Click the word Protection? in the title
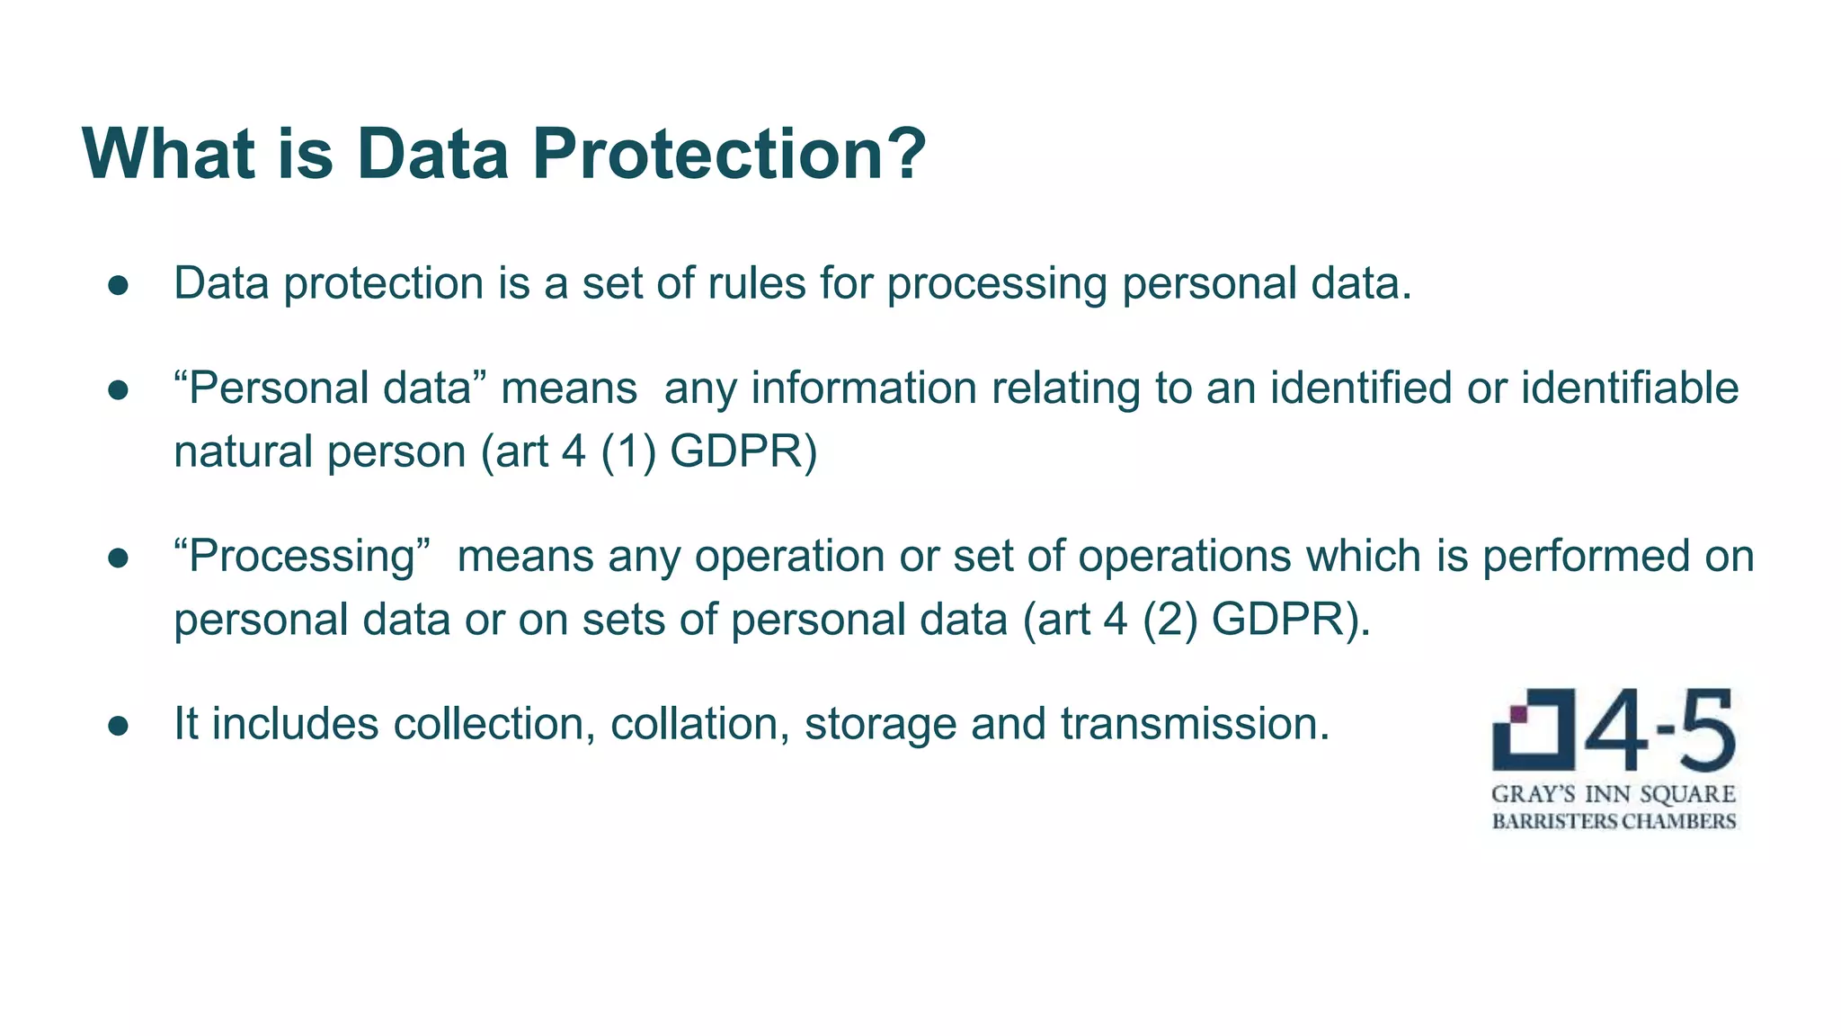pyautogui.click(x=728, y=155)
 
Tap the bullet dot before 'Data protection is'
pyautogui.click(x=119, y=285)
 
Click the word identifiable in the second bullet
pyautogui.click(x=1630, y=388)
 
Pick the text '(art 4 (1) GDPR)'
pyautogui.click(x=649, y=451)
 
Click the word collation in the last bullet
pyautogui.click(x=693, y=724)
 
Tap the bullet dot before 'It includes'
pyautogui.click(x=119, y=725)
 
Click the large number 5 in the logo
pyautogui.click(x=1705, y=730)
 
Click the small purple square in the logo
pyautogui.click(x=1519, y=714)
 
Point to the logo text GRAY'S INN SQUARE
pyautogui.click(x=1614, y=795)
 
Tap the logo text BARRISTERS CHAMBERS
pyautogui.click(x=1614, y=821)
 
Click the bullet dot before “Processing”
pyautogui.click(x=119, y=558)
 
